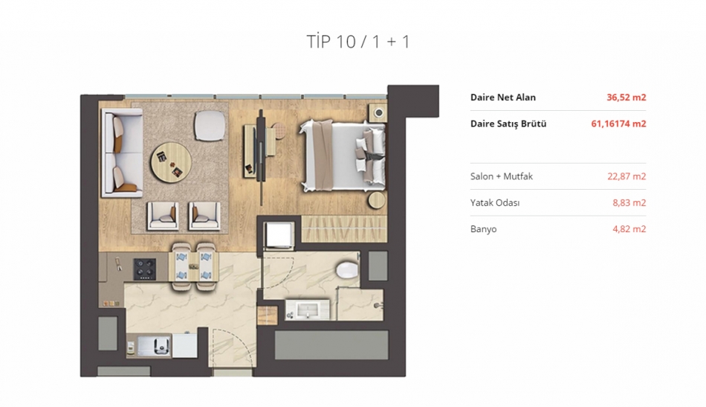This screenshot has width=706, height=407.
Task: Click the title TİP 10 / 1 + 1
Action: [358, 42]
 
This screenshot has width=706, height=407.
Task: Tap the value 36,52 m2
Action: [626, 97]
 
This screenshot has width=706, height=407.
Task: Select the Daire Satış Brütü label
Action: [508, 124]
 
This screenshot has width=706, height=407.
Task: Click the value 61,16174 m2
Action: [618, 124]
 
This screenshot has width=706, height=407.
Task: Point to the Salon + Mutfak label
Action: [501, 176]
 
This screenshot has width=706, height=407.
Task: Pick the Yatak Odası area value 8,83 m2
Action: [629, 203]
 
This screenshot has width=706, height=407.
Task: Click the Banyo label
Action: [483, 229]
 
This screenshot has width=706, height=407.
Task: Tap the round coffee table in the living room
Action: [171, 162]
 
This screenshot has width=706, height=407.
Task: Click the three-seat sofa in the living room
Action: [122, 153]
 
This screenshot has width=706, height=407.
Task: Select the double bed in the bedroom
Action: [342, 156]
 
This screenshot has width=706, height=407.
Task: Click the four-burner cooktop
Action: [144, 269]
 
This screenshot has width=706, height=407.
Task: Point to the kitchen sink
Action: [154, 346]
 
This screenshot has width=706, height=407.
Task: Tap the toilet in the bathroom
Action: [348, 270]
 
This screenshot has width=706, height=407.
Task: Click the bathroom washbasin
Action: [308, 310]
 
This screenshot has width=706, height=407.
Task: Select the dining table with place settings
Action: [194, 267]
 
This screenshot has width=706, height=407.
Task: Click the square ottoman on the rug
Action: [210, 126]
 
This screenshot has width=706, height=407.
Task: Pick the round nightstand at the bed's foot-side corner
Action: [377, 200]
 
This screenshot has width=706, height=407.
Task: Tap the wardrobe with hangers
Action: [344, 228]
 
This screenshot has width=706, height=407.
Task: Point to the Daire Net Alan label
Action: [503, 97]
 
